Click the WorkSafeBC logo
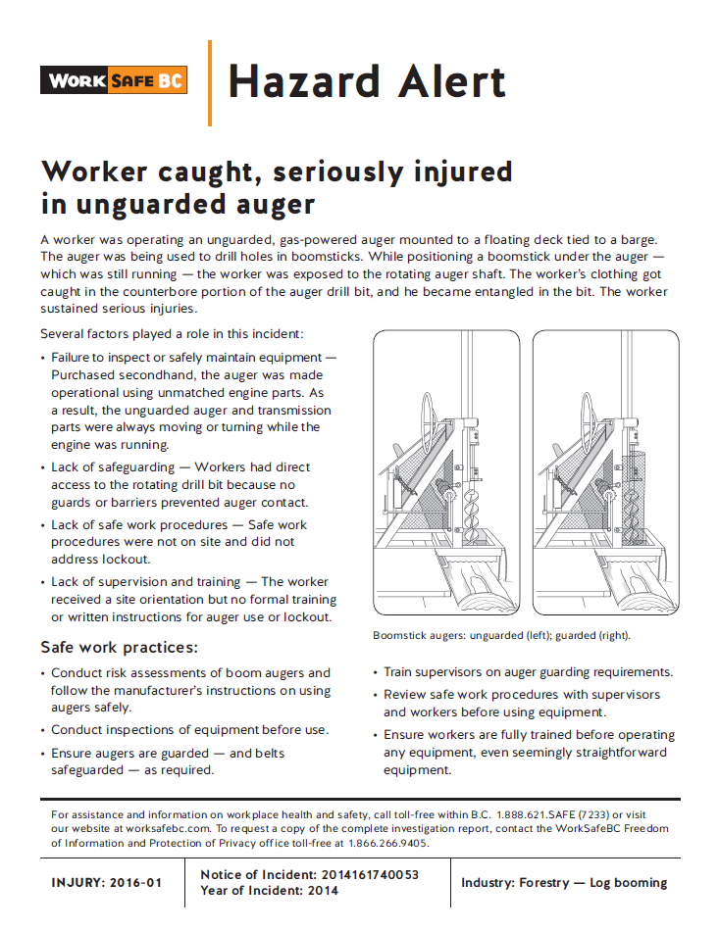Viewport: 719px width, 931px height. coord(113,80)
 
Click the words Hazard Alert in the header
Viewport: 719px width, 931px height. coord(366,82)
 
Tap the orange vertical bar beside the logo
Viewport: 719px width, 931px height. coord(209,83)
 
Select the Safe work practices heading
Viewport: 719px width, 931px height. coord(119,648)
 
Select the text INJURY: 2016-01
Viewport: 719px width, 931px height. coord(107,883)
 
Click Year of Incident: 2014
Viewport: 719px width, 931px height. coord(269,891)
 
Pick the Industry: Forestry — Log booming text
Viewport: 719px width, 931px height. coord(564,883)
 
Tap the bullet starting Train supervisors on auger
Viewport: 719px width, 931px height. coord(528,672)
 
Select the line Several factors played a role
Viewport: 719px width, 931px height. coord(173,334)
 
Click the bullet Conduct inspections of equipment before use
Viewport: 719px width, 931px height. coord(189,730)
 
